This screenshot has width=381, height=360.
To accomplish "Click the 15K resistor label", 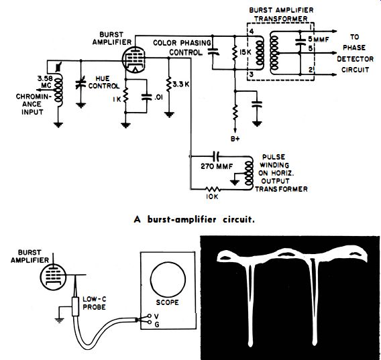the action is point(246,52).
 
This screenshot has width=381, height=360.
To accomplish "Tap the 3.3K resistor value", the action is point(181,84).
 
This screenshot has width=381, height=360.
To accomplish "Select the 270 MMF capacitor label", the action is point(217,166).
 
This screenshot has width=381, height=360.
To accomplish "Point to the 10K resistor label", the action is point(212,196).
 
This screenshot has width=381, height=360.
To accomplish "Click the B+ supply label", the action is point(235,139).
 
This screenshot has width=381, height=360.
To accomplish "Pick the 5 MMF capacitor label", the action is point(319,40).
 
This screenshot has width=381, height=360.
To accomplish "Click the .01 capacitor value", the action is point(158,97).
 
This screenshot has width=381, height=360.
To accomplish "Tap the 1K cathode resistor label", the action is point(117,99).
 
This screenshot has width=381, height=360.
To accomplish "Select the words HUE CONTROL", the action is point(104,82).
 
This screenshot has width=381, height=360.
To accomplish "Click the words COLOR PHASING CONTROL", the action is point(182,48).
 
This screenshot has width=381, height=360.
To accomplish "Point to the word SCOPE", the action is point(167,302).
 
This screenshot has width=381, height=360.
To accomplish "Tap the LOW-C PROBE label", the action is point(95,303).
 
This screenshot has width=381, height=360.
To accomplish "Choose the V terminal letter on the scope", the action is point(157,316).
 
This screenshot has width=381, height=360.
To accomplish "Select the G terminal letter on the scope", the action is point(157,324).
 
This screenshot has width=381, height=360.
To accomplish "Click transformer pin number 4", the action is point(252,32).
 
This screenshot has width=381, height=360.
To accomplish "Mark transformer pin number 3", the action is point(252,74).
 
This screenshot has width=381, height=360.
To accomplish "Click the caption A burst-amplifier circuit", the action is point(194,220).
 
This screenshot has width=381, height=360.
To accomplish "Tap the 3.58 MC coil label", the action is point(44,82).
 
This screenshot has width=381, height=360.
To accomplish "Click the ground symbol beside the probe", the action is point(60,320).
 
